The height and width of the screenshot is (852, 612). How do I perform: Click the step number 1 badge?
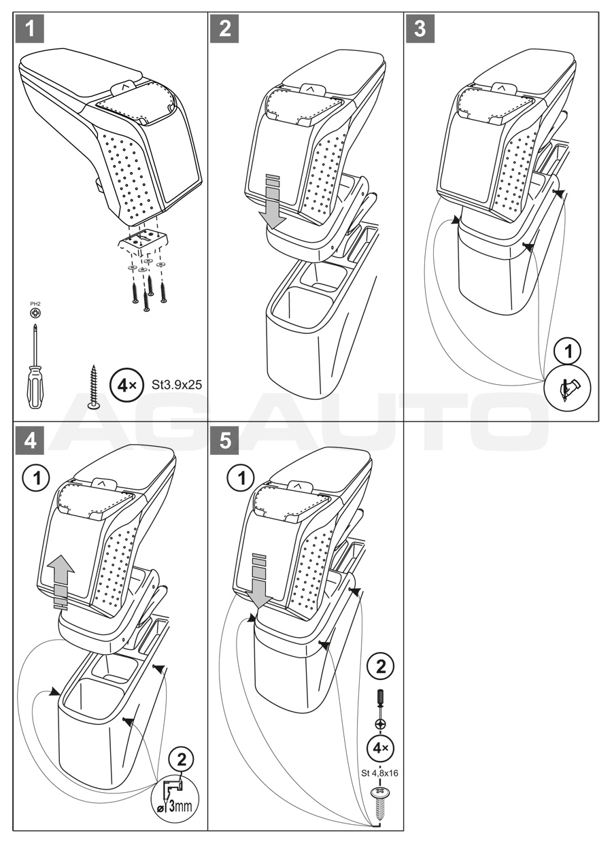[29, 30]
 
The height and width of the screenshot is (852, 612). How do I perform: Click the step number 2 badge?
[225, 30]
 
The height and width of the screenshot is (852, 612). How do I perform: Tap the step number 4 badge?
[29, 439]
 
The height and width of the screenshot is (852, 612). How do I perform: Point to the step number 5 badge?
[225, 439]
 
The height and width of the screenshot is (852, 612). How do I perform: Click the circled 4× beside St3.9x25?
[126, 386]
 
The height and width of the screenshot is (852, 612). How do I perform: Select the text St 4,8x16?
[379, 773]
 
